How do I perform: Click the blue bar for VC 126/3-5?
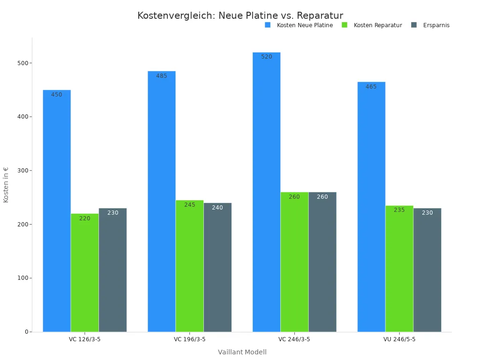(x=57, y=211)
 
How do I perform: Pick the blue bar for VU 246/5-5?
(x=371, y=207)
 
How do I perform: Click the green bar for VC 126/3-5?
(x=85, y=272)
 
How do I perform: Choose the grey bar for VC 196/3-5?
(x=217, y=267)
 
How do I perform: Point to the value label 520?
(x=267, y=57)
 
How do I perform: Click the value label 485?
(x=162, y=76)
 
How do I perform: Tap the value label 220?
(x=85, y=218)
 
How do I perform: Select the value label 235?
(x=399, y=210)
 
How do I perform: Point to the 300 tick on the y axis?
(x=21, y=171)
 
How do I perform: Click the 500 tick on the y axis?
(x=21, y=63)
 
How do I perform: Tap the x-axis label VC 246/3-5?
(x=294, y=339)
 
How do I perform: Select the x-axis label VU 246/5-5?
(x=399, y=339)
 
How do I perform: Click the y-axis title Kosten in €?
(x=6, y=185)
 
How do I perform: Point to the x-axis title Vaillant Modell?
(x=242, y=352)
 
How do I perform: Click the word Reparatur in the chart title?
(x=320, y=16)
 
